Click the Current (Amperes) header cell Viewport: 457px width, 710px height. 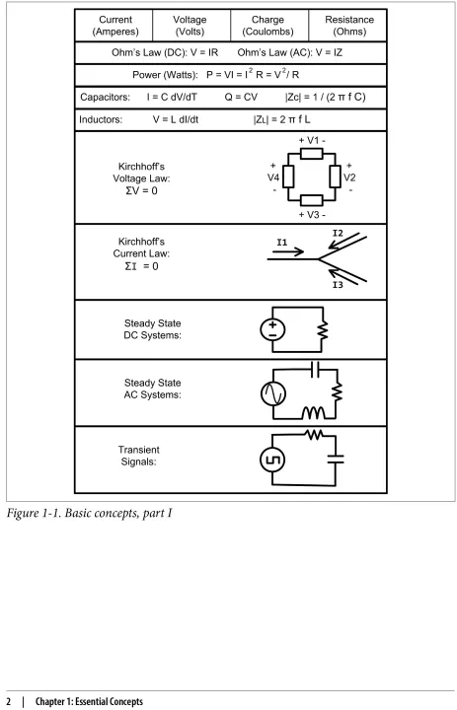(x=114, y=26)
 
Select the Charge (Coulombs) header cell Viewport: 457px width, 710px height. (x=269, y=26)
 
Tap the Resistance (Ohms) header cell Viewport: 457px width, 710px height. (x=347, y=26)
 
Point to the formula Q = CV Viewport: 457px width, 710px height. (x=241, y=97)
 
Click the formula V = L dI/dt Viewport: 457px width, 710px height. (x=176, y=119)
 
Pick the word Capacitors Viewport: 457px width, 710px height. (x=105, y=97)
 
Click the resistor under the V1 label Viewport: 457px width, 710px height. (x=312, y=154)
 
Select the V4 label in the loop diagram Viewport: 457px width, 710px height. (x=273, y=177)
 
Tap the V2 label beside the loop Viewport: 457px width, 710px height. (x=349, y=177)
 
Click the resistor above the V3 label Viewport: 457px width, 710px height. (x=312, y=200)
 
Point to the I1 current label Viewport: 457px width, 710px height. (x=282, y=243)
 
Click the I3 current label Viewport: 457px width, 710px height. (x=338, y=285)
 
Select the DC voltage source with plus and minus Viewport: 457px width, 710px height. (x=272, y=329)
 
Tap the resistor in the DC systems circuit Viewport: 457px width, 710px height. (x=323, y=330)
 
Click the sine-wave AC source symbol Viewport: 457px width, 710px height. (x=273, y=393)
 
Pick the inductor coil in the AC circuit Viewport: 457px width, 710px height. (x=313, y=412)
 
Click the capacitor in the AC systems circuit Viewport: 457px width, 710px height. (x=316, y=370)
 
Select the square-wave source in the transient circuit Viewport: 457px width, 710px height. (x=272, y=461)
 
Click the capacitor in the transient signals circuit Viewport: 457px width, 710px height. (x=336, y=460)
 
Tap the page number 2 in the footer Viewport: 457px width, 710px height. (x=9, y=702)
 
